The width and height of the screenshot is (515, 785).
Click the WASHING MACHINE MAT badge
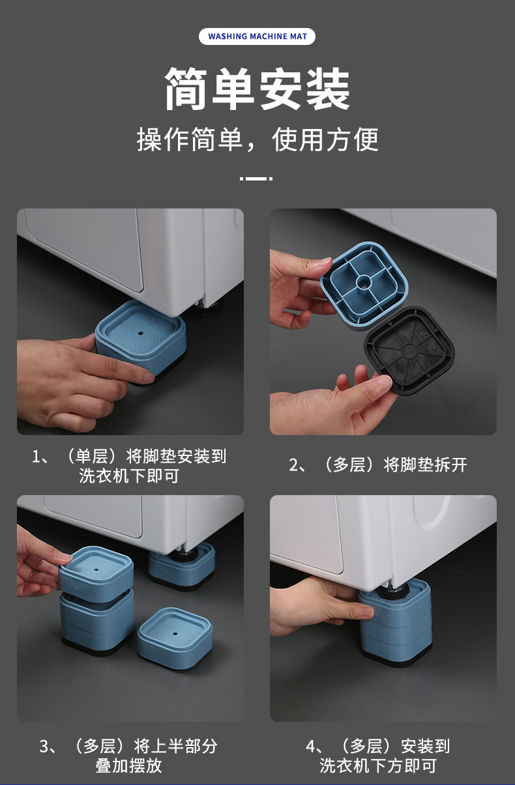pos(257,36)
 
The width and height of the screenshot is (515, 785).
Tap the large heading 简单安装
pos(257,89)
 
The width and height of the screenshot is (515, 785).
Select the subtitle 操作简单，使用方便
pos(257,139)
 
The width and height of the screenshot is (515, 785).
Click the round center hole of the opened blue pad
pos(364,281)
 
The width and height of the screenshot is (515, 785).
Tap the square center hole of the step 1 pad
pos(140,333)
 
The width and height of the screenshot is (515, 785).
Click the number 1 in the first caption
pos(36,456)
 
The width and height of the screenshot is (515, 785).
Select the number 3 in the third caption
pos(44,746)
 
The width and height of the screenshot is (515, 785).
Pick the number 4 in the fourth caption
pos(310,746)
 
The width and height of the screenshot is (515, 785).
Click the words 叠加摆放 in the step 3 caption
pos(128,765)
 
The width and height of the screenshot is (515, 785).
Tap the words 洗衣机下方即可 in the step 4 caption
pos(378,765)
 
